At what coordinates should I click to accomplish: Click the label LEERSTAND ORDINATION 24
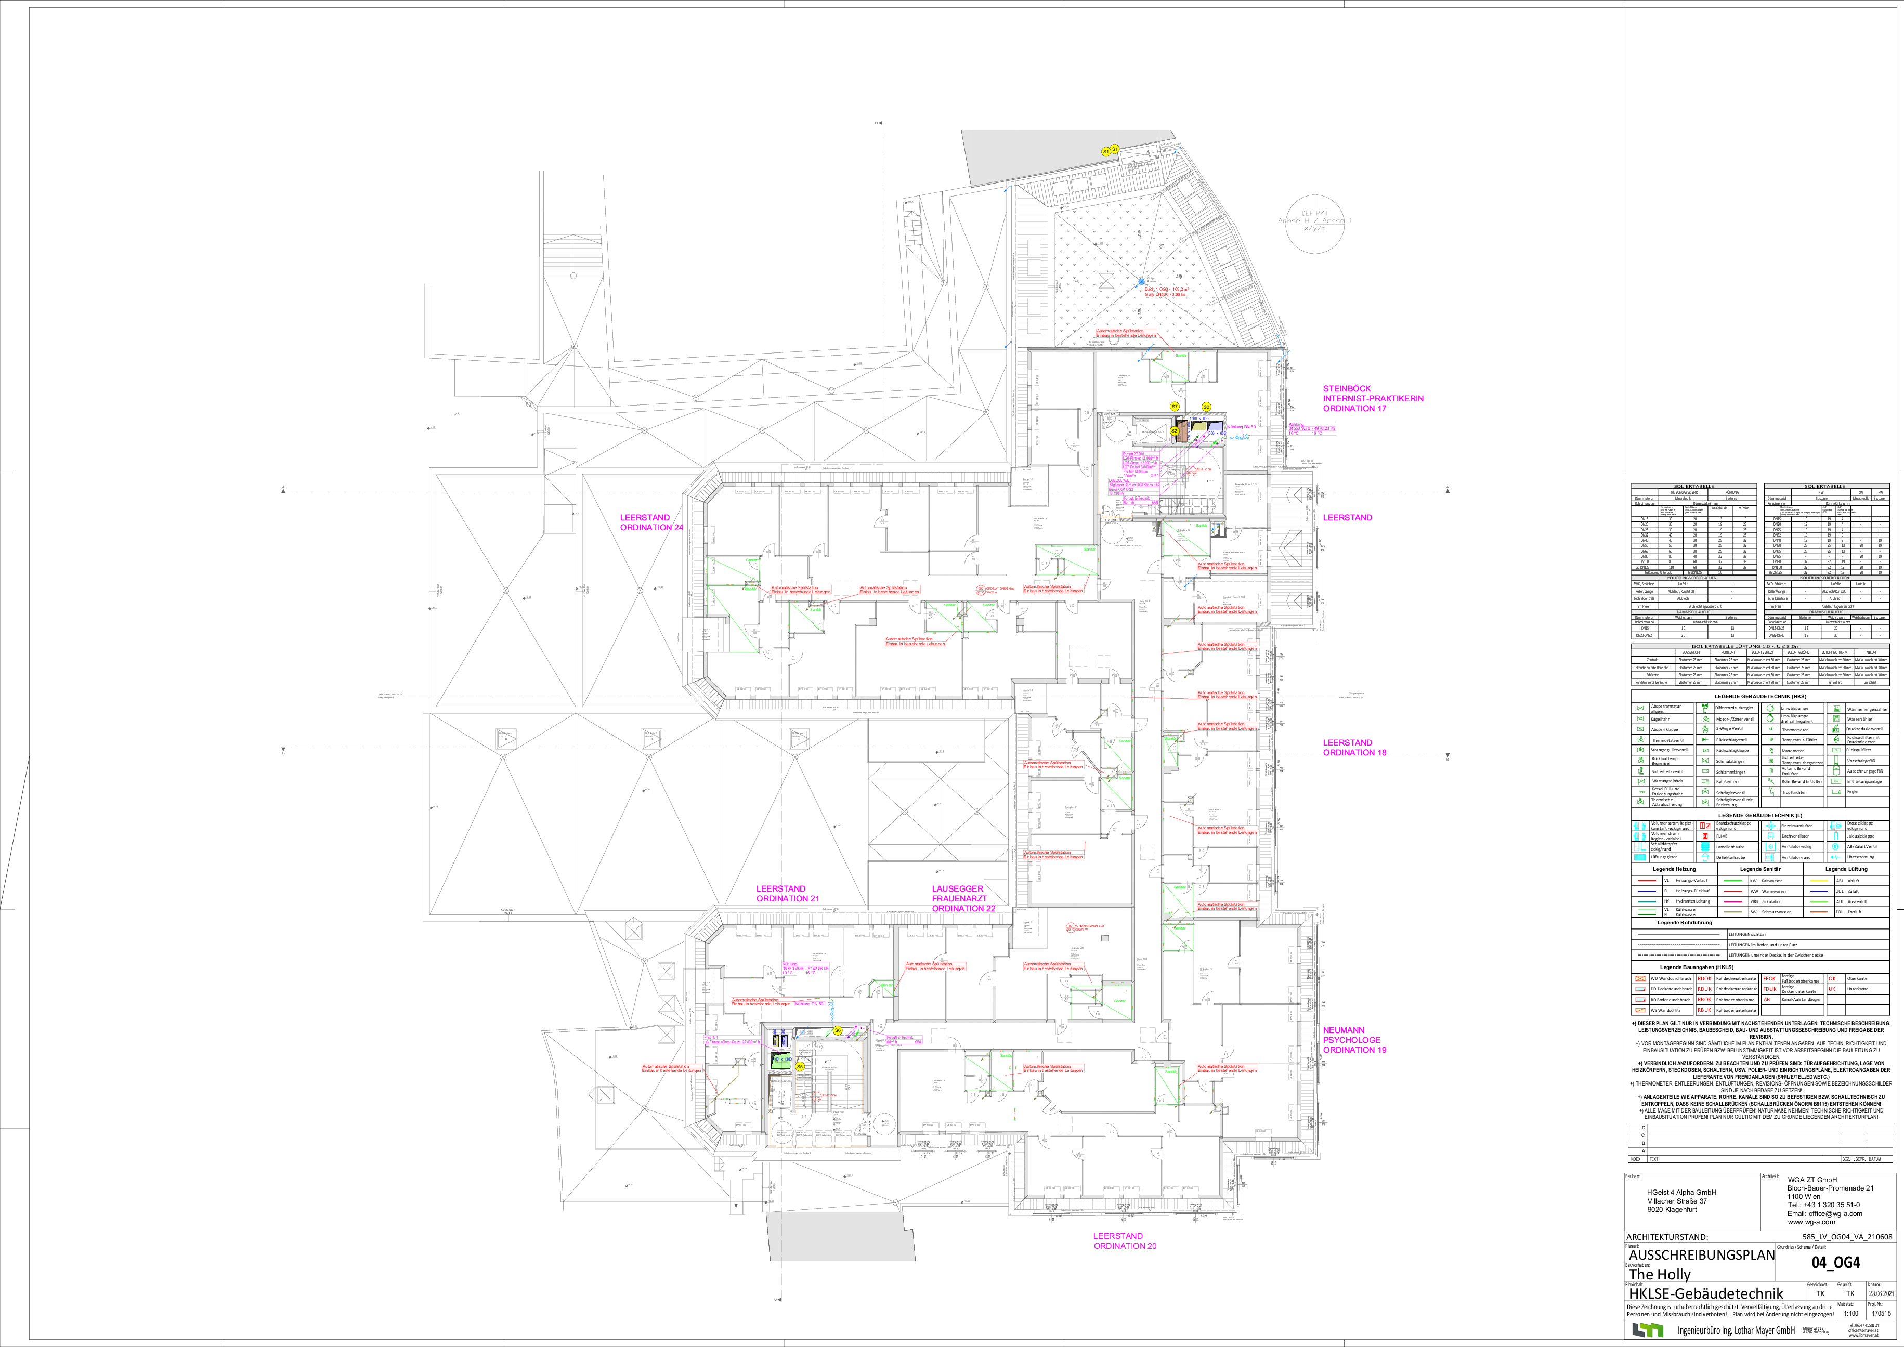pyautogui.click(x=651, y=522)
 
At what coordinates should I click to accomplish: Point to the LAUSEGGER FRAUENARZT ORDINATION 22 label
pyautogui.click(x=962, y=898)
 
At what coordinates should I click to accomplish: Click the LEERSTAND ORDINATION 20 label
pyautogui.click(x=1124, y=1241)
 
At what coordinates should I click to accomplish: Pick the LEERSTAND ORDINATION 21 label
pyautogui.click(x=787, y=893)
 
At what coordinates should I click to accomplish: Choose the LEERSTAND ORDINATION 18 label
pyautogui.click(x=1354, y=747)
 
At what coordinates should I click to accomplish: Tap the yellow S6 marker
pyautogui.click(x=837, y=1031)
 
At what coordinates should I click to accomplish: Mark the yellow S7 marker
pyautogui.click(x=1175, y=407)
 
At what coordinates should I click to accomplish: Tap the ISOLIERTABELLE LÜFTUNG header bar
pyautogui.click(x=1759, y=646)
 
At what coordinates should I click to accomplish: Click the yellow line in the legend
pyautogui.click(x=1819, y=880)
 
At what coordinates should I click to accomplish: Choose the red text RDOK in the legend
pyautogui.click(x=1704, y=979)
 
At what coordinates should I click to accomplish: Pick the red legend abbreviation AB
pyautogui.click(x=1767, y=1000)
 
